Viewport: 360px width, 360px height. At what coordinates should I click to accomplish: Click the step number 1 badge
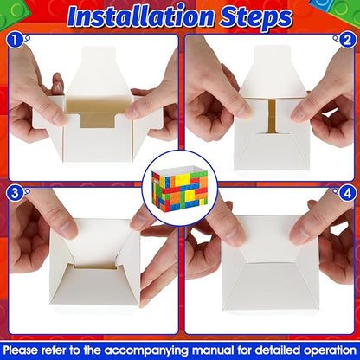pos(15,40)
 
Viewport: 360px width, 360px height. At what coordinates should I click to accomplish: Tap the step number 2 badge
pos(347,40)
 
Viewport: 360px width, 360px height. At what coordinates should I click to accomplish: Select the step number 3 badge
pos(15,193)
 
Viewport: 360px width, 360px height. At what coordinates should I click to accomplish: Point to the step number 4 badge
pos(347,193)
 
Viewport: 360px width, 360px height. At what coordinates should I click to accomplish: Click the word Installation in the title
pos(141,17)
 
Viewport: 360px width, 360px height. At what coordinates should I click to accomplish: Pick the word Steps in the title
pos(255,18)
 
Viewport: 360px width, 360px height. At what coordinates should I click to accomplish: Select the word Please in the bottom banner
pos(21,350)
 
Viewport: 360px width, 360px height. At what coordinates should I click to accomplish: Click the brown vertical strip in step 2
pos(272,117)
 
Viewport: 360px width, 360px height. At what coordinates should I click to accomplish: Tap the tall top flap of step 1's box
pos(100,70)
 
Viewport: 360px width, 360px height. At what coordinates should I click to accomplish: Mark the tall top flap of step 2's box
pos(272,71)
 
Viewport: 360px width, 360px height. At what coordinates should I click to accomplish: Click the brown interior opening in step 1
pos(98,112)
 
